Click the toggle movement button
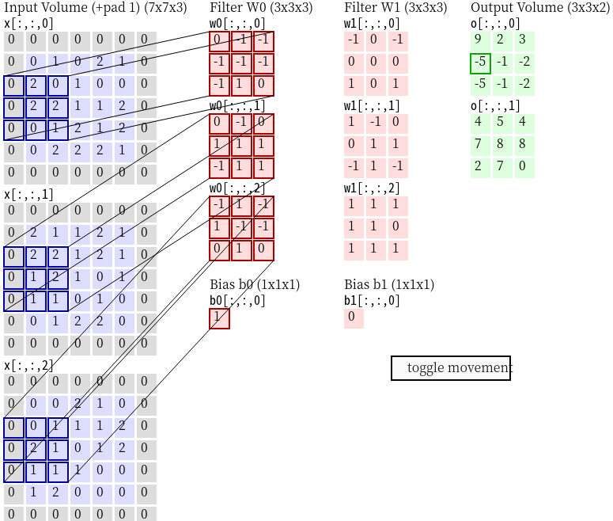451,368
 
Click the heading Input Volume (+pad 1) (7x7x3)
96,8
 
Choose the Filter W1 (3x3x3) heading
395,8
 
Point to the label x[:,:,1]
28,194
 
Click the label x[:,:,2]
28,365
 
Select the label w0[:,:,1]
237,105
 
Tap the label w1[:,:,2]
372,188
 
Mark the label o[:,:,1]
495,105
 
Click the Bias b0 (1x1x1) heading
255,285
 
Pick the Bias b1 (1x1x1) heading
389,285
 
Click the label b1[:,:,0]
372,301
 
